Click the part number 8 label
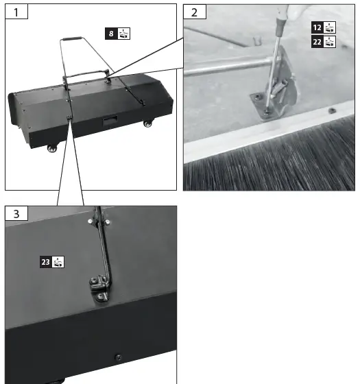point(111,33)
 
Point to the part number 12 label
point(317,28)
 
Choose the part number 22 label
point(317,42)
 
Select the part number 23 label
point(45,261)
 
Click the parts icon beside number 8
point(123,33)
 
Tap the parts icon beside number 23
point(58,261)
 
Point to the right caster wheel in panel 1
point(147,125)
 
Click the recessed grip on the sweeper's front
point(108,121)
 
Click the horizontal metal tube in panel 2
point(219,69)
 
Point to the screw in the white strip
point(331,110)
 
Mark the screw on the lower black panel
point(118,357)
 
